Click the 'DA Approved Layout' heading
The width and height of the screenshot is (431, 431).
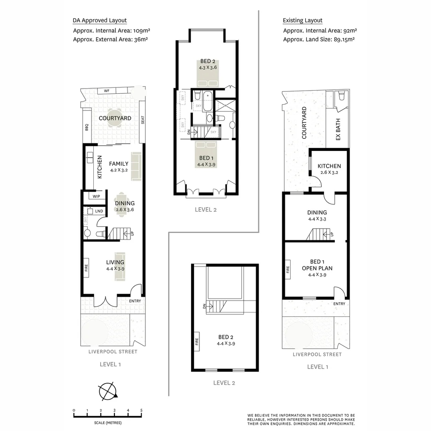(x=100, y=20)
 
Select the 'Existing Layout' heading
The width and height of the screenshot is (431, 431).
(x=302, y=20)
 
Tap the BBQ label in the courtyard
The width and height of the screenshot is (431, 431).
(x=86, y=127)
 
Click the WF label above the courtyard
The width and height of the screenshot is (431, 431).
(x=107, y=91)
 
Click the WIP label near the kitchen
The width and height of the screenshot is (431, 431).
(x=96, y=197)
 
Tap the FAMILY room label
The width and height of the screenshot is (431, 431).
(x=119, y=164)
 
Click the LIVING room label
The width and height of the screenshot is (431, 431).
(x=115, y=262)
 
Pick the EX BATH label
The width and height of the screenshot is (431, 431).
(x=338, y=131)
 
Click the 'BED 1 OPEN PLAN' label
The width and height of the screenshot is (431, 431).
(x=317, y=265)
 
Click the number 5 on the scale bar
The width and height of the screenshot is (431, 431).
(x=141, y=410)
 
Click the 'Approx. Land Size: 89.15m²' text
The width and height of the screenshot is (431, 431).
(x=319, y=40)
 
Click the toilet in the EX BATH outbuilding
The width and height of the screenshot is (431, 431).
(x=340, y=96)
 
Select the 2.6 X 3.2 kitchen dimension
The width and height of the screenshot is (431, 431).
(x=329, y=173)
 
